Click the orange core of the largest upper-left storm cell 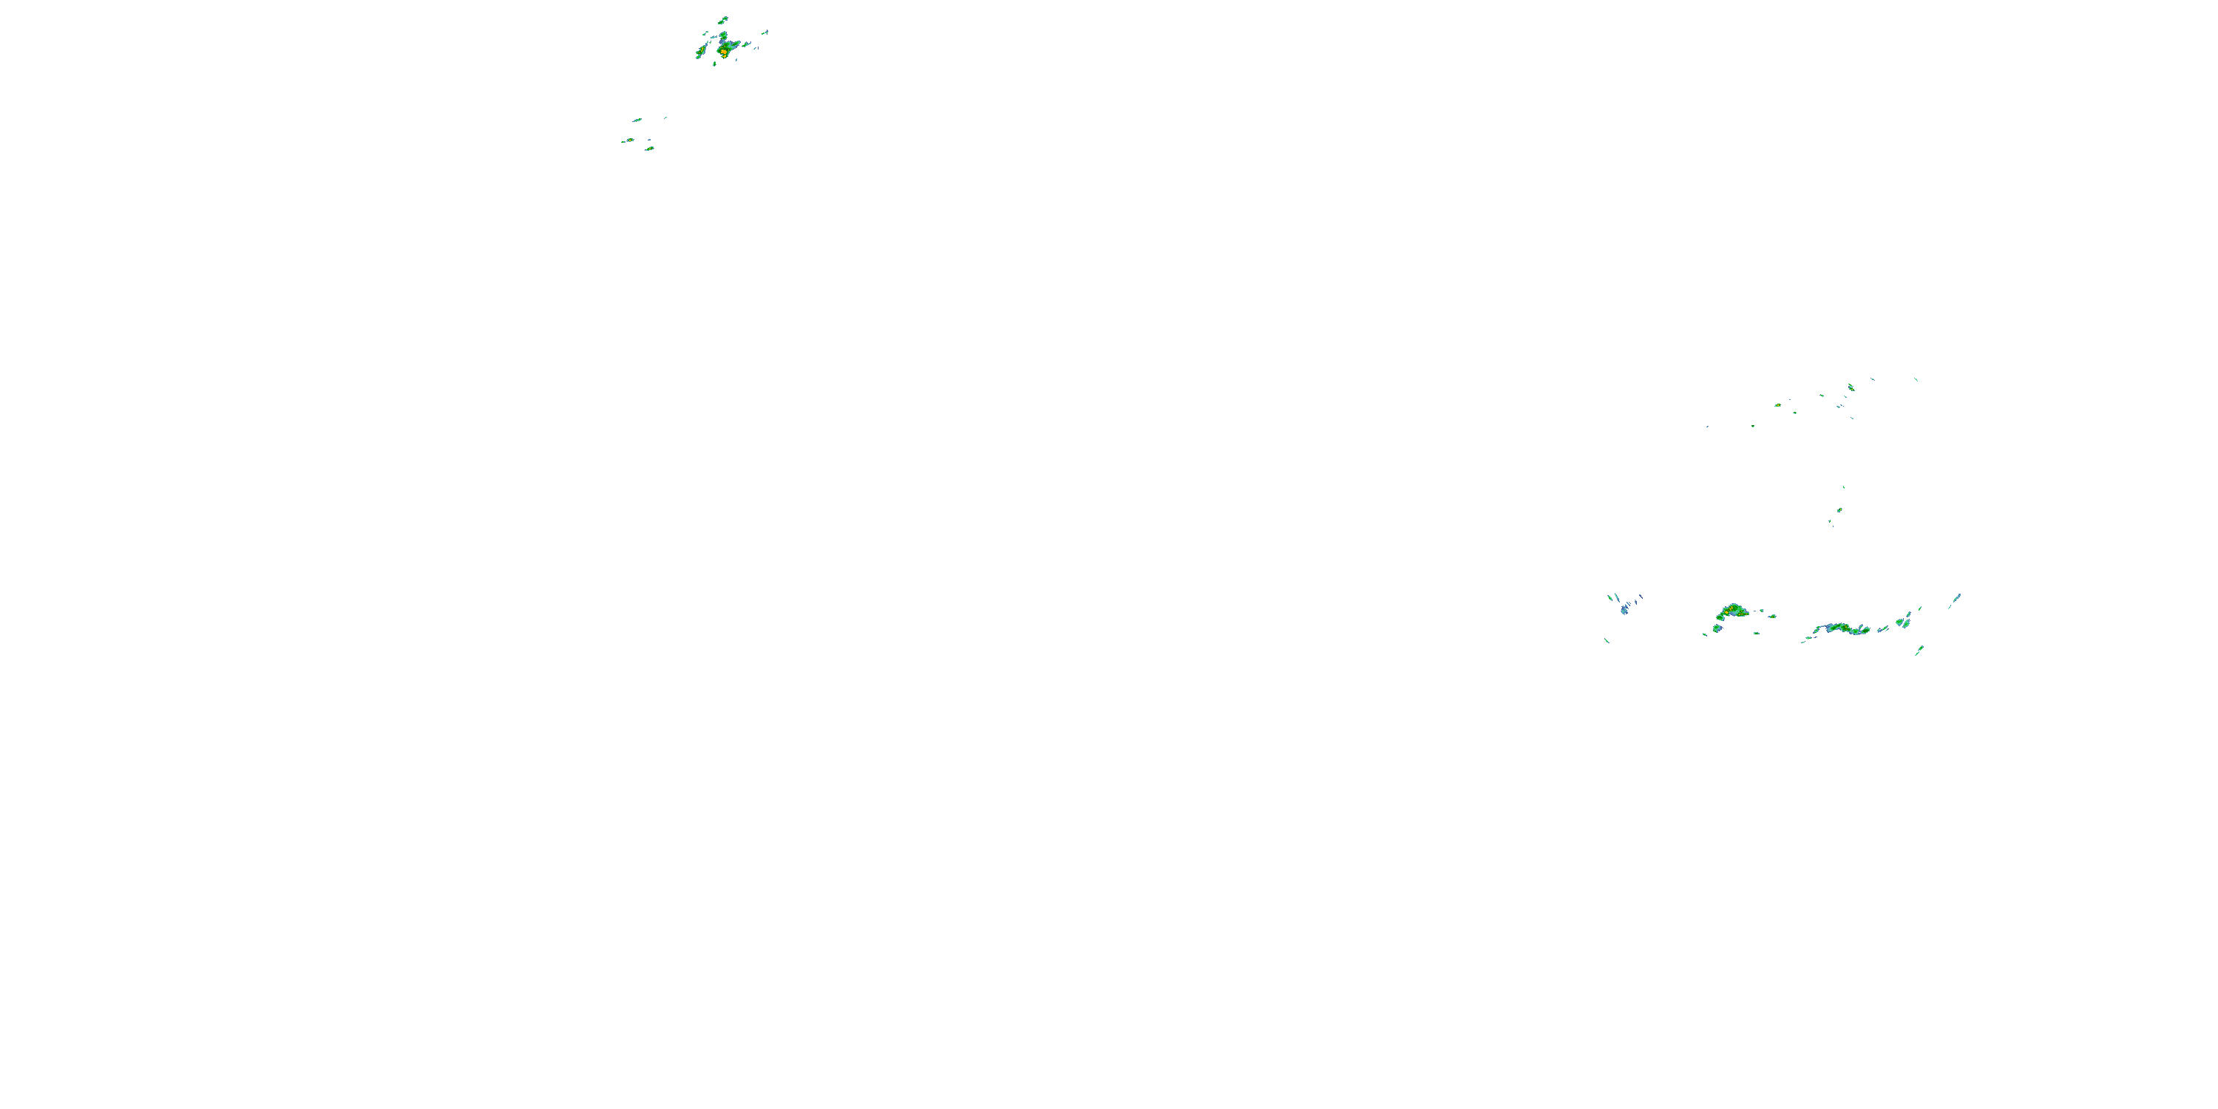tap(724, 52)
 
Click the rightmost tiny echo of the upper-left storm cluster tap(765, 33)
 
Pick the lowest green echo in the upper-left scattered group tap(650, 149)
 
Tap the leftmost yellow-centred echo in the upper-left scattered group tap(629, 140)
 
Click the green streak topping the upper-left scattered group tap(637, 120)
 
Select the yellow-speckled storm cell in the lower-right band tap(1732, 611)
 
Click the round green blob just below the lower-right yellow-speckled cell tap(1717, 628)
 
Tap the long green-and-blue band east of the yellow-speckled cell tap(1842, 628)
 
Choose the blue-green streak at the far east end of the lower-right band tap(1956, 597)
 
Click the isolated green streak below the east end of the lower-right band tap(1919, 650)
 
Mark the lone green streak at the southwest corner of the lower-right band tap(1607, 640)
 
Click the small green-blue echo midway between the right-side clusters tap(1839, 509)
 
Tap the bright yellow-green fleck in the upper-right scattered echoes tap(1777, 404)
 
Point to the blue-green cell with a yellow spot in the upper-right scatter tap(1851, 387)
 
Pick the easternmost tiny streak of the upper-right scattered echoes tap(1916, 379)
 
